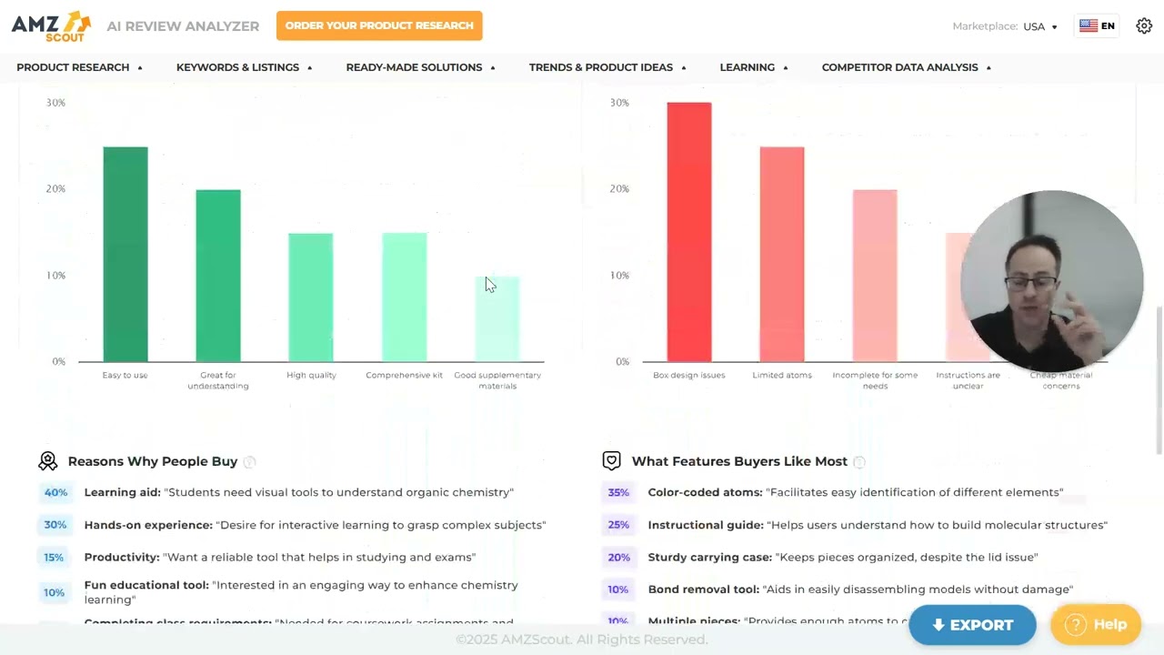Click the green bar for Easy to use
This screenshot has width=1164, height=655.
[125, 255]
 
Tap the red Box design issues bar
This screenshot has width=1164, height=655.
[689, 232]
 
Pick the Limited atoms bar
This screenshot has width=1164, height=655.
[782, 255]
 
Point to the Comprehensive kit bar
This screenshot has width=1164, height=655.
[404, 297]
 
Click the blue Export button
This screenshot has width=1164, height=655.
[972, 625]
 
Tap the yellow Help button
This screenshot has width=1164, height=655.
[1096, 624]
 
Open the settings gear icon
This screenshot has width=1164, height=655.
[1144, 26]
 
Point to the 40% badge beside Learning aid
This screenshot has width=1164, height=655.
[55, 492]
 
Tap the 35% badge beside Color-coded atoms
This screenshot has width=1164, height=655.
[618, 492]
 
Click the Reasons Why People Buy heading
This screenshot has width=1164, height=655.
[152, 461]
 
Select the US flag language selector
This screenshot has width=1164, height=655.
[1097, 26]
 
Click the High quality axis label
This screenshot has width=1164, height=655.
[311, 375]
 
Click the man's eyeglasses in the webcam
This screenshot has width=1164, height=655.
[1032, 283]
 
